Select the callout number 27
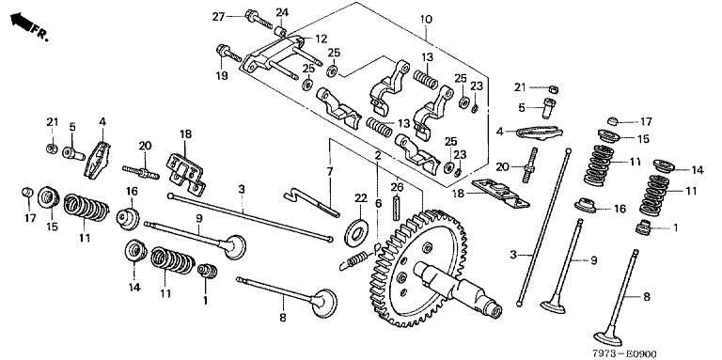click(x=218, y=17)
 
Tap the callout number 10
click(x=426, y=20)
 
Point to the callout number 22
click(x=360, y=198)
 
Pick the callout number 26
click(x=397, y=187)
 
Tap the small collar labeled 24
click(x=282, y=32)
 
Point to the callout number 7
click(x=330, y=172)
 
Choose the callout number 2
click(x=378, y=156)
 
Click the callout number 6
click(x=378, y=203)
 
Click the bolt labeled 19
click(x=228, y=53)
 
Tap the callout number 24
click(x=282, y=12)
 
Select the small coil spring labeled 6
click(x=356, y=259)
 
